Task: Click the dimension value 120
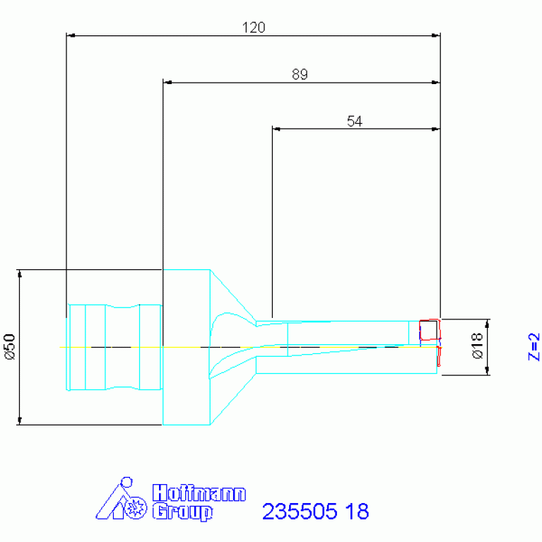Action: pyautogui.click(x=253, y=28)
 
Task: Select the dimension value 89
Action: pyautogui.click(x=300, y=75)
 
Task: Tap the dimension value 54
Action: pyautogui.click(x=355, y=122)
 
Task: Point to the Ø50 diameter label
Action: pyautogui.click(x=10, y=347)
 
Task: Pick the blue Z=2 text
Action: pyautogui.click(x=534, y=346)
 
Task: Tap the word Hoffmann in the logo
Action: pyautogui.click(x=199, y=493)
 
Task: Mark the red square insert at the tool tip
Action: pyautogui.click(x=429, y=330)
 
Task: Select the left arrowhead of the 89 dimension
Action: pyautogui.click(x=167, y=82)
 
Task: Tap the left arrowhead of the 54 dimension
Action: pyautogui.click(x=277, y=129)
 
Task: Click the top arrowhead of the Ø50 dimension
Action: pyautogui.click(x=20, y=273)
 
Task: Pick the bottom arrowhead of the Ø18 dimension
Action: pyautogui.click(x=486, y=372)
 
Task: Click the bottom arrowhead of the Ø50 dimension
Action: pyautogui.click(x=20, y=421)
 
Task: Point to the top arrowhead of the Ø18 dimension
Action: pyautogui.click(x=486, y=322)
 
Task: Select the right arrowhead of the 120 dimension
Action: pyautogui.click(x=436, y=35)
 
